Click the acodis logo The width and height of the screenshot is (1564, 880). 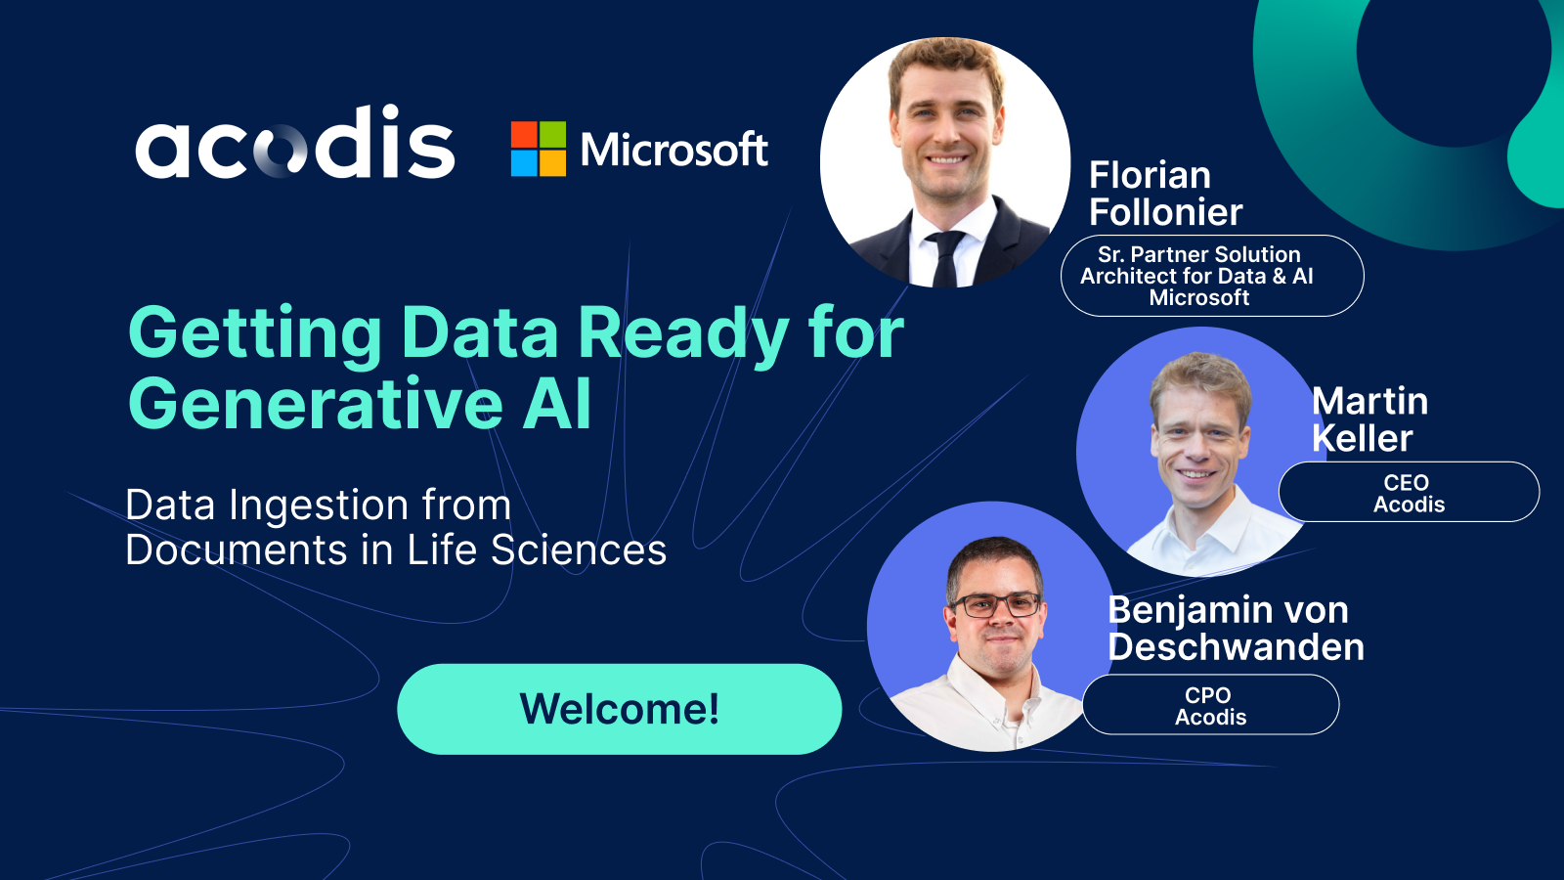click(x=294, y=145)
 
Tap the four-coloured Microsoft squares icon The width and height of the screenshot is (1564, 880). click(x=538, y=149)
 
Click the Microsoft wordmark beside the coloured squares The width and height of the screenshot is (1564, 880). click(x=673, y=150)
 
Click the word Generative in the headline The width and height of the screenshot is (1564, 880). click(x=316, y=404)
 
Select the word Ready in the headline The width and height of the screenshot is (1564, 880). click(x=683, y=333)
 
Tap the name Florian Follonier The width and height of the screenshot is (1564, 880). click(x=1164, y=194)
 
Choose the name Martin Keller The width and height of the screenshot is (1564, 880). click(x=1368, y=419)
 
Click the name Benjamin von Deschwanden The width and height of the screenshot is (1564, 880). click(x=1235, y=629)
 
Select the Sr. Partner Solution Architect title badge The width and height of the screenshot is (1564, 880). click(x=1211, y=276)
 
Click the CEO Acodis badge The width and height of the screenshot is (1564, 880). click(x=1409, y=493)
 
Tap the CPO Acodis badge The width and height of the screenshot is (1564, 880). click(x=1210, y=705)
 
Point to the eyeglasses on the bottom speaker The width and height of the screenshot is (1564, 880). click(x=996, y=605)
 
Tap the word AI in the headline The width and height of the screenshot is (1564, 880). click(x=557, y=404)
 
